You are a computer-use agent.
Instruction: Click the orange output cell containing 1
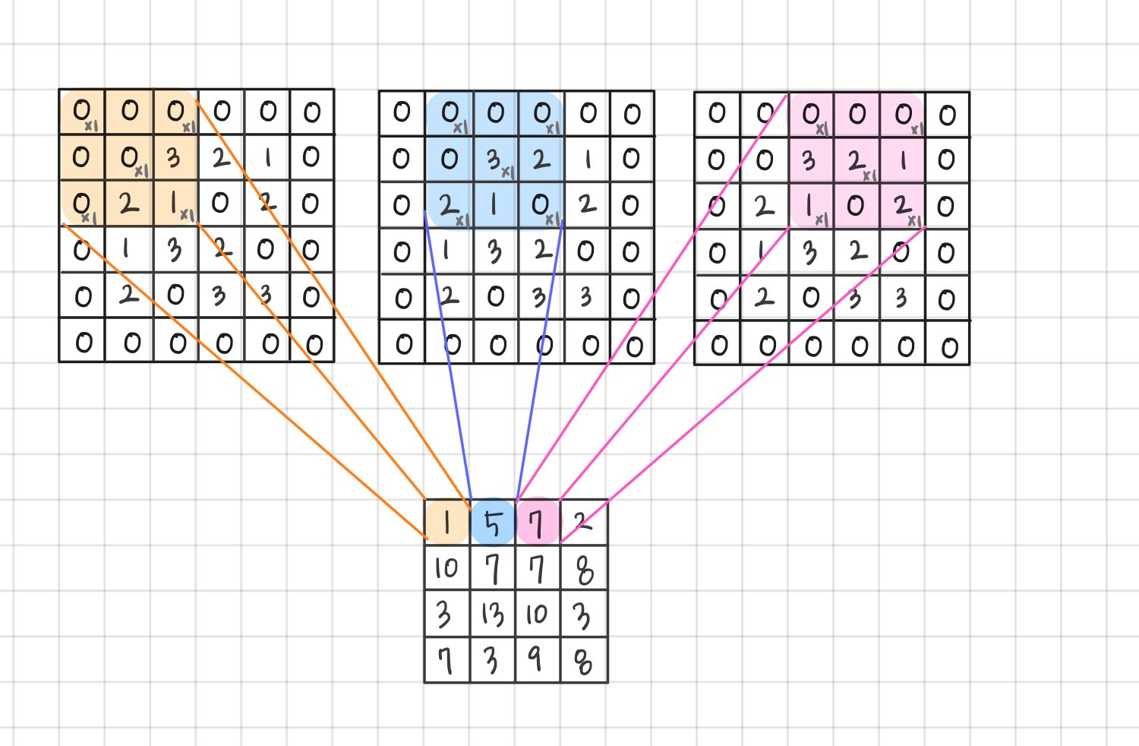(x=446, y=523)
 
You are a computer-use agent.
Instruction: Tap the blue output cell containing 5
(x=493, y=523)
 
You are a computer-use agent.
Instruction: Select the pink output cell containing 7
(x=537, y=523)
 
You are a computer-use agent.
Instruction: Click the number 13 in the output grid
(x=493, y=614)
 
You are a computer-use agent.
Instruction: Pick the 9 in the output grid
(x=536, y=659)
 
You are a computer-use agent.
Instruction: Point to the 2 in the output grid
(x=582, y=521)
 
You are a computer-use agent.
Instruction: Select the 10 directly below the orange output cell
(x=446, y=568)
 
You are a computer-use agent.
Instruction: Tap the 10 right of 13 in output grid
(x=537, y=614)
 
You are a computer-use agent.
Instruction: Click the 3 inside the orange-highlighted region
(x=174, y=157)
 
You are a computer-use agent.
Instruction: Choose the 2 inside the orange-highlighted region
(x=128, y=204)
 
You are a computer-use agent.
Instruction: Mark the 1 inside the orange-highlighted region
(x=174, y=204)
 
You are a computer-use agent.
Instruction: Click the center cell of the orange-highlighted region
(x=128, y=157)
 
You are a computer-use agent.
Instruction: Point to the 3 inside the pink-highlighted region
(x=809, y=160)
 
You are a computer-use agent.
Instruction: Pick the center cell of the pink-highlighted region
(x=856, y=160)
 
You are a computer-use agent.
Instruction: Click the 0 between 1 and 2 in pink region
(x=856, y=206)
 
